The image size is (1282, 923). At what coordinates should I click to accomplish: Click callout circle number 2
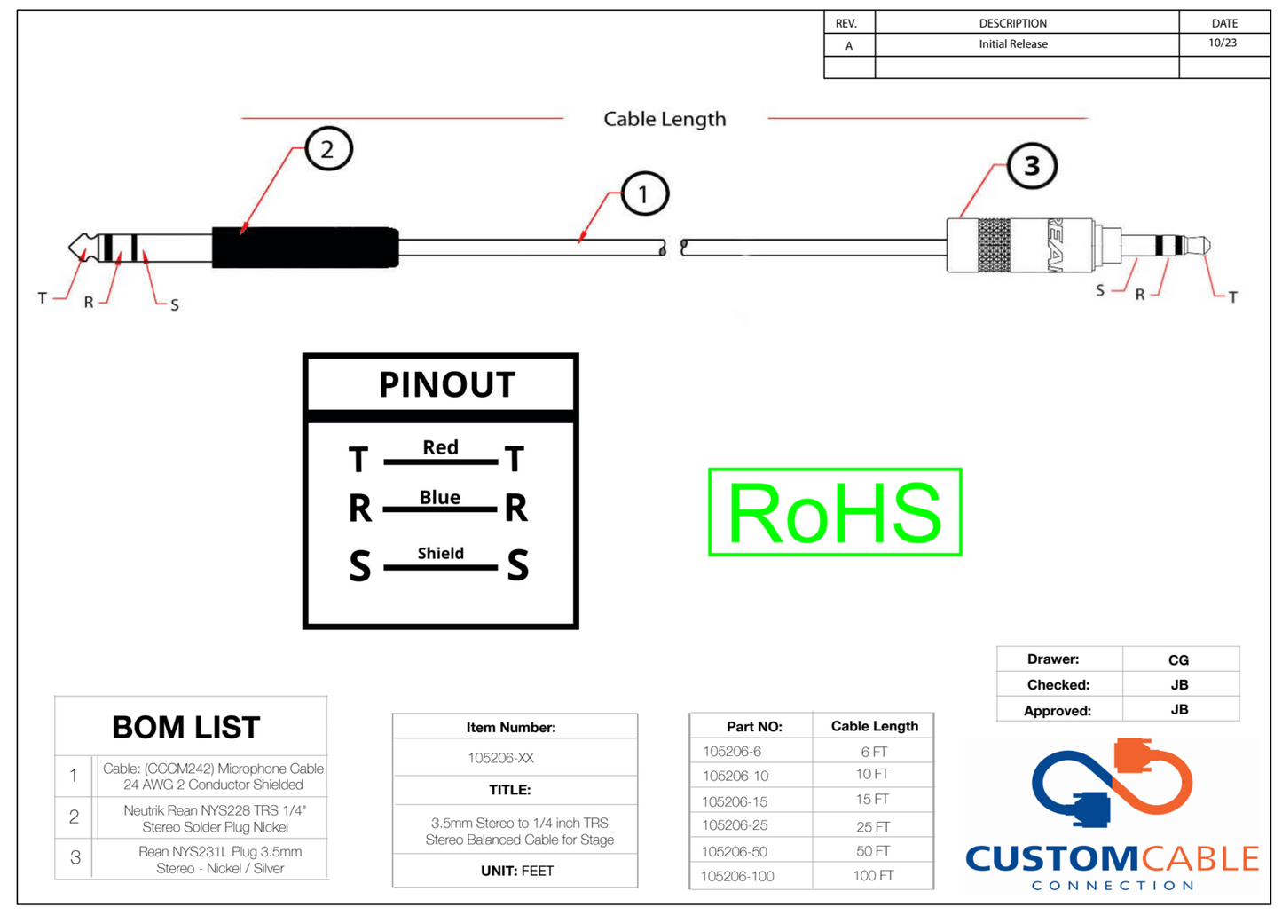[x=328, y=149]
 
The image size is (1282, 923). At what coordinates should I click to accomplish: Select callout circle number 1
[x=644, y=193]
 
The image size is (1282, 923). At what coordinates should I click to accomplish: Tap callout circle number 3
[x=1032, y=166]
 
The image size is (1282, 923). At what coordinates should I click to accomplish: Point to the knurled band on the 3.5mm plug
[x=994, y=245]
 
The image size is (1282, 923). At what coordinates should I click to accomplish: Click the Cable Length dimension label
[x=665, y=119]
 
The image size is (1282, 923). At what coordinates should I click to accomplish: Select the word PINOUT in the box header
[x=446, y=384]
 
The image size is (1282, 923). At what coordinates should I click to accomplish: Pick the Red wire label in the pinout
[x=440, y=447]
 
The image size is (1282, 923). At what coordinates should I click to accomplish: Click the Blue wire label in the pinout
[x=440, y=497]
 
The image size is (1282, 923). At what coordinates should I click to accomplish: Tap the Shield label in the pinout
[x=440, y=553]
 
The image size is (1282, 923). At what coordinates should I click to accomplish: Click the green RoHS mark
[x=835, y=512]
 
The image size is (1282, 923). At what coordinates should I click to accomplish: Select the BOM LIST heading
[x=186, y=728]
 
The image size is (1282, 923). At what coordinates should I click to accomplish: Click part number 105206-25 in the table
[x=735, y=825]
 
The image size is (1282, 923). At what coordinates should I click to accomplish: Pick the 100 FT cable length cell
[x=873, y=876]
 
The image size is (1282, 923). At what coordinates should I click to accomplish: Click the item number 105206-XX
[x=500, y=758]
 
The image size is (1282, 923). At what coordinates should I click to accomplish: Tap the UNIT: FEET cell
[x=516, y=871]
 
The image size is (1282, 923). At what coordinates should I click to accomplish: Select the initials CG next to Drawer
[x=1178, y=659]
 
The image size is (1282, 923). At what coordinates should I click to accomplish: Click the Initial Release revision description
[x=1013, y=44]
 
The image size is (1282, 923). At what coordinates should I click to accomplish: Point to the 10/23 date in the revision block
[x=1223, y=43]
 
